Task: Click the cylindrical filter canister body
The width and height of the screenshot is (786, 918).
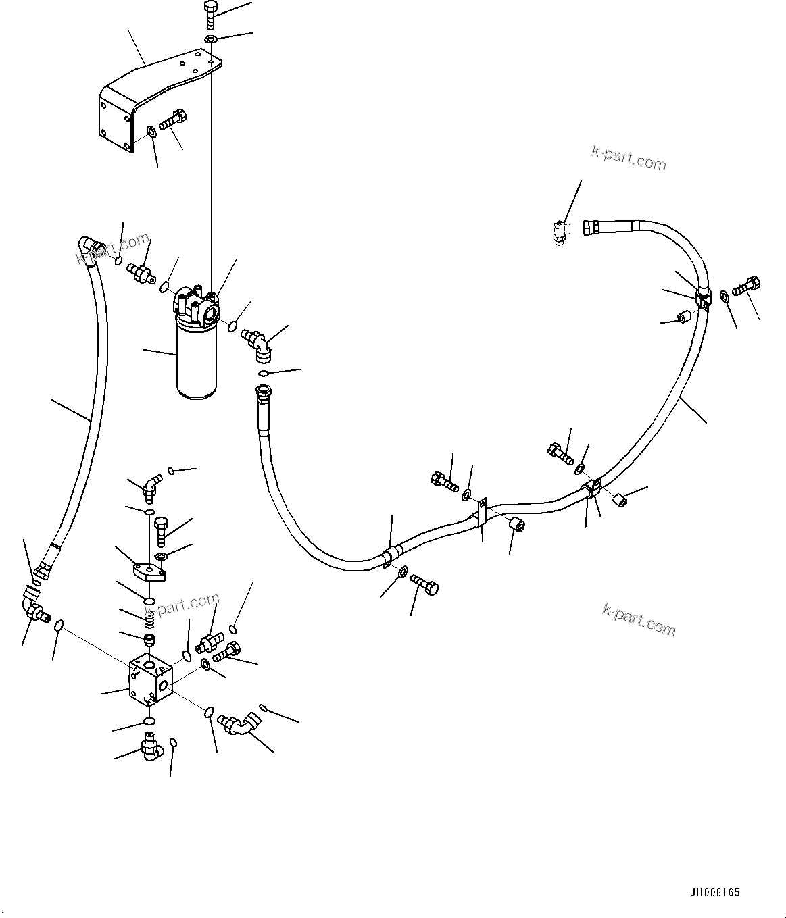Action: [x=197, y=361]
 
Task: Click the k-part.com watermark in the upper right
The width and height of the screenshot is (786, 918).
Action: [x=629, y=158]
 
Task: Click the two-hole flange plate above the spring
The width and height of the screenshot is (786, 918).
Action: [x=149, y=573]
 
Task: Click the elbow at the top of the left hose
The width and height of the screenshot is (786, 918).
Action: [x=88, y=249]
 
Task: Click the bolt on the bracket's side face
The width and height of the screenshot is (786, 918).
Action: [x=172, y=122]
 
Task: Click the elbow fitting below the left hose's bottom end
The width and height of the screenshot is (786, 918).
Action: [x=34, y=605]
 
